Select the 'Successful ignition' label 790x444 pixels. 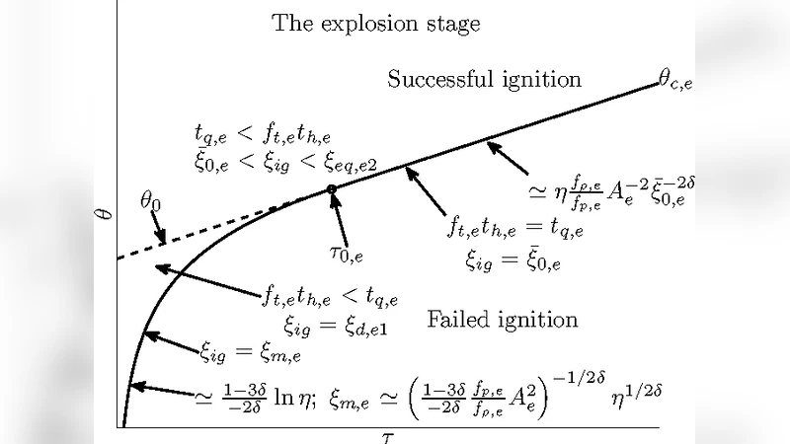pyautogui.click(x=484, y=79)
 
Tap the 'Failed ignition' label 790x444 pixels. pyautogui.click(x=503, y=319)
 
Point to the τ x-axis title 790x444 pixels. pyautogui.click(x=388, y=435)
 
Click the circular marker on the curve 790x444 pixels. pyautogui.click(x=332, y=188)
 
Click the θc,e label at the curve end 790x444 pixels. pyautogui.click(x=675, y=82)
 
